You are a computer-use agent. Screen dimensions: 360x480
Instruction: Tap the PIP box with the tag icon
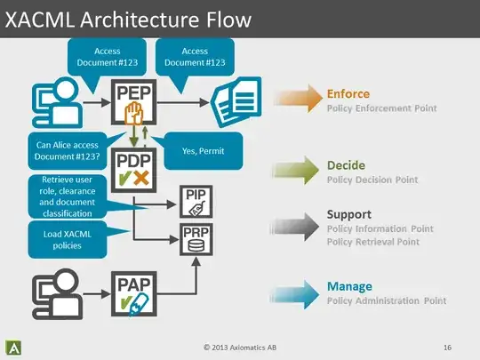(x=196, y=203)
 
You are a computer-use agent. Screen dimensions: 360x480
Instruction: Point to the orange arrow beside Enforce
(x=299, y=100)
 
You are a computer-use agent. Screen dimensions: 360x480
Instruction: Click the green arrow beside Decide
(x=299, y=171)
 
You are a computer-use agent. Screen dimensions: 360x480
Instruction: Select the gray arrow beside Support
(x=299, y=226)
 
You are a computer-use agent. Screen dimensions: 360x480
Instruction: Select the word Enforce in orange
(x=348, y=93)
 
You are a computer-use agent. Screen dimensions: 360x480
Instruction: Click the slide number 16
(x=447, y=346)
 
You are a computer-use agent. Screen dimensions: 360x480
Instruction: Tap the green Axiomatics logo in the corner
(x=16, y=346)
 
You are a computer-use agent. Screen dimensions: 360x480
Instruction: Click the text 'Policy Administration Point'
(x=386, y=301)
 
